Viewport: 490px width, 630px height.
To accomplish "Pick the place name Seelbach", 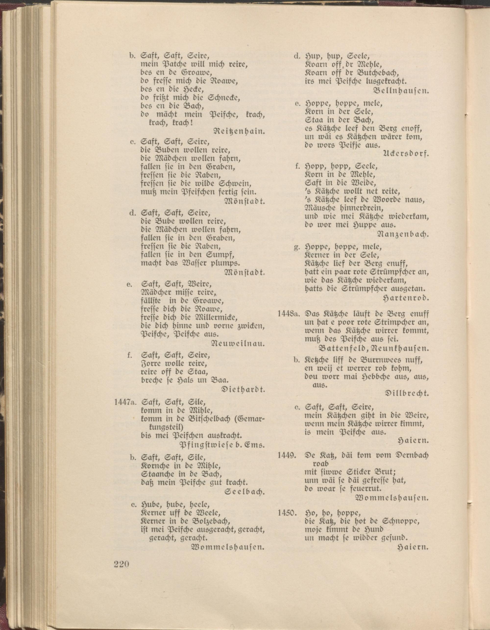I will [x=245, y=492].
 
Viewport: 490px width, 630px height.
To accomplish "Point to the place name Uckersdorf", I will [x=406, y=154].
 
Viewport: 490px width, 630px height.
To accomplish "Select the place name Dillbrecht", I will [x=407, y=393].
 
